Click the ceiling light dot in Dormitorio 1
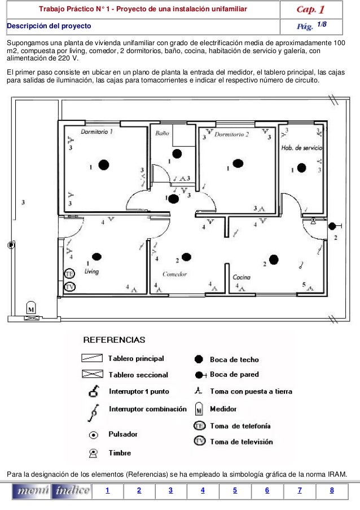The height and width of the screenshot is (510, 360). pos(103,165)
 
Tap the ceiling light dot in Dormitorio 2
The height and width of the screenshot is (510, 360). pos(238,164)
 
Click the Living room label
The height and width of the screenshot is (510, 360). pos(91,272)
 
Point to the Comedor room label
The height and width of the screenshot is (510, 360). pos(174,274)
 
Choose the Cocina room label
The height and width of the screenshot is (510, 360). pos(242,277)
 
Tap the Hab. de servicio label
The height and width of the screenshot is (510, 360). pos(301,147)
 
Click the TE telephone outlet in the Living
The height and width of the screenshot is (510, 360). pos(70,274)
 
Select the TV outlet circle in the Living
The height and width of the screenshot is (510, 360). pos(70,286)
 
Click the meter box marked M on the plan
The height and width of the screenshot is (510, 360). pos(32,310)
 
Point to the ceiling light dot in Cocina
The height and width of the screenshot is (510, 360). pos(274,260)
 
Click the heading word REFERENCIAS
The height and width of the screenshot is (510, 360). pos(114,341)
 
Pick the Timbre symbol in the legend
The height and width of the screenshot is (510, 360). pos(94,453)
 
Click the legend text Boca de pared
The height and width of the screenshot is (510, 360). pos(234,374)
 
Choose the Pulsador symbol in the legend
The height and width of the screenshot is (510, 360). pos(95,435)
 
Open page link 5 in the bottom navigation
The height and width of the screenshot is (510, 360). pos(235,490)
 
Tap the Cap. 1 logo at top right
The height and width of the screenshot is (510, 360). pos(310,10)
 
